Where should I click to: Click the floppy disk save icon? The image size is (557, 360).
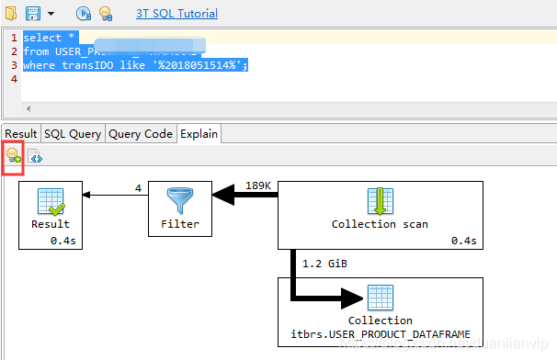32,13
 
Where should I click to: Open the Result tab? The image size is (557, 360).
20,134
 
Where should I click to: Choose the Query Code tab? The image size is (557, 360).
141,134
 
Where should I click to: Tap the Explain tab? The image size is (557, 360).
199,134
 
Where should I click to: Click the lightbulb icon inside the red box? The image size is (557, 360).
13,156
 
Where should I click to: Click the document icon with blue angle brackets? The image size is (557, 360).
34,156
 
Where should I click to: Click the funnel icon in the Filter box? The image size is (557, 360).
179,200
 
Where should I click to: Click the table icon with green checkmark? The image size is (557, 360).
50,200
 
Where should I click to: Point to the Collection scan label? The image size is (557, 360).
379,224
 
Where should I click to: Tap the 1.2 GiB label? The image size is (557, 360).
324,264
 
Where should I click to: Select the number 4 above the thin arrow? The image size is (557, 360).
138,188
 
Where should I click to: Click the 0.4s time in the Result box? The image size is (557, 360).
63,241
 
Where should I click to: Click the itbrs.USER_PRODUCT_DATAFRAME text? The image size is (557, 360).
379,332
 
